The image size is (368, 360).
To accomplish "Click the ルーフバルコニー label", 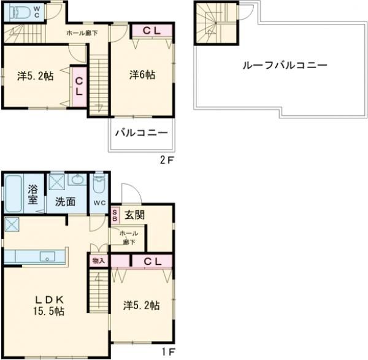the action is (x=285, y=65).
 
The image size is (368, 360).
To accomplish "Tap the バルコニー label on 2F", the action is (x=142, y=133).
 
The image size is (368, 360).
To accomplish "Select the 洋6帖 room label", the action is (x=142, y=75).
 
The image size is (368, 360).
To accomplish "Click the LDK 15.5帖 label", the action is (x=49, y=305).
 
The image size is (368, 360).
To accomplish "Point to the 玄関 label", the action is (x=134, y=215).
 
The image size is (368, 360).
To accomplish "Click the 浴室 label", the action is (x=33, y=194).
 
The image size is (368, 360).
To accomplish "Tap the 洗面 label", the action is (x=65, y=202).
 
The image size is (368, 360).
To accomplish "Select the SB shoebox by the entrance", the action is (x=115, y=215).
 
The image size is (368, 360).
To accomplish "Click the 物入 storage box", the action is (x=98, y=261).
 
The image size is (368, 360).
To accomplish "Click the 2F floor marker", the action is (x=167, y=160).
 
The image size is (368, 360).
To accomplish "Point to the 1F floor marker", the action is (x=168, y=351).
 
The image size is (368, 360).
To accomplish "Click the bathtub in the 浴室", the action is (x=13, y=194).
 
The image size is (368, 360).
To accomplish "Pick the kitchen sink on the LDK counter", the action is (x=47, y=256).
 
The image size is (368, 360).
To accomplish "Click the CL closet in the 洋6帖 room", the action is (x=151, y=31).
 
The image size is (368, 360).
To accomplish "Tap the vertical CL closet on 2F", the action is (x=79, y=86).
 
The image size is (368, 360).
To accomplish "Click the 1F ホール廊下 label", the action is (x=129, y=237).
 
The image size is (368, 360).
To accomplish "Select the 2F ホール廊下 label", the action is (x=82, y=33).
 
